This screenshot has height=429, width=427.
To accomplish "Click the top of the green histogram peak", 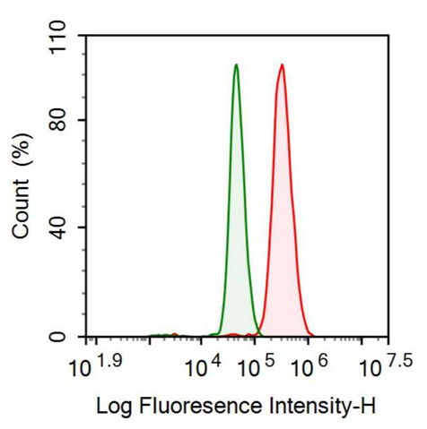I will [236, 65].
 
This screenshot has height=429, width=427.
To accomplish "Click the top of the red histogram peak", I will [282, 65].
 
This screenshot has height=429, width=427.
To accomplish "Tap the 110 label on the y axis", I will [57, 39].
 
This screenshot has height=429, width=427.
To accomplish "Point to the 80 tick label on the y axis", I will [61, 120].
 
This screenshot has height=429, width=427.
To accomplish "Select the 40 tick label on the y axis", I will [61, 228].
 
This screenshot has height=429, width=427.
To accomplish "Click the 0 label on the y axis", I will [66, 337].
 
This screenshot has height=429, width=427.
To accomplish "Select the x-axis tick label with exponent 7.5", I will [386, 365].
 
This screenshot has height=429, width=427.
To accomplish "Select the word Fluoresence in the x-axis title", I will [199, 407].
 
